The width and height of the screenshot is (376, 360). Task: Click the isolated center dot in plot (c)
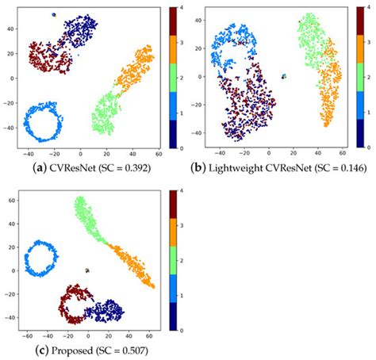(x=87, y=270)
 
